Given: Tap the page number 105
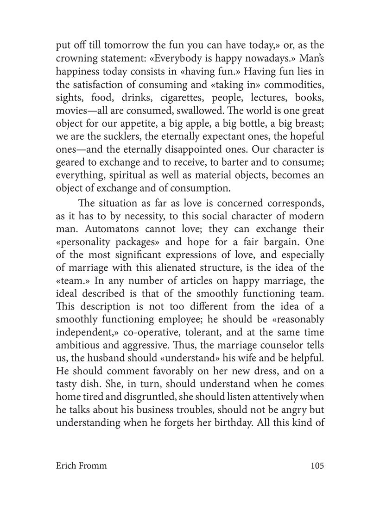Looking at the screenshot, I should point(315,466).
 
